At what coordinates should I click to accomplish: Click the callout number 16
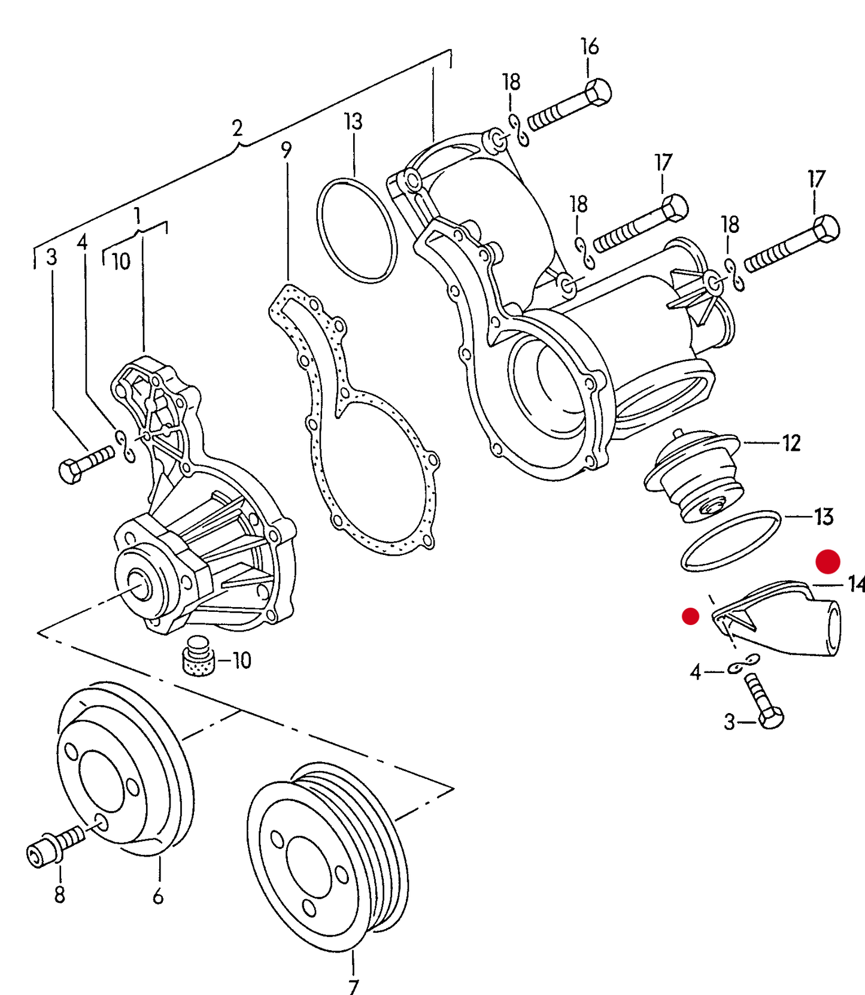590,47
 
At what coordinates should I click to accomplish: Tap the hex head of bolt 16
597,93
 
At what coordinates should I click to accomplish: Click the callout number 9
286,150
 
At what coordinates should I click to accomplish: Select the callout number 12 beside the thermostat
791,443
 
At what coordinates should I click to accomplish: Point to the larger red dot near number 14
828,562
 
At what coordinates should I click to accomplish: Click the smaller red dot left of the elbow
691,616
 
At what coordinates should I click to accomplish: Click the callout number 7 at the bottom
353,985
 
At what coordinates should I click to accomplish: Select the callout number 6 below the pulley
158,896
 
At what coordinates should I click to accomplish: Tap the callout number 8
59,894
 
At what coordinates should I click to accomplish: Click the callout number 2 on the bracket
237,128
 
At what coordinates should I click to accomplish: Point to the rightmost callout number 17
816,178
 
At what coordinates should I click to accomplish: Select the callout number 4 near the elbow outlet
695,672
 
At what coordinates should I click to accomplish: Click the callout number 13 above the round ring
353,122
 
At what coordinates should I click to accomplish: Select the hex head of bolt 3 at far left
71,471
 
